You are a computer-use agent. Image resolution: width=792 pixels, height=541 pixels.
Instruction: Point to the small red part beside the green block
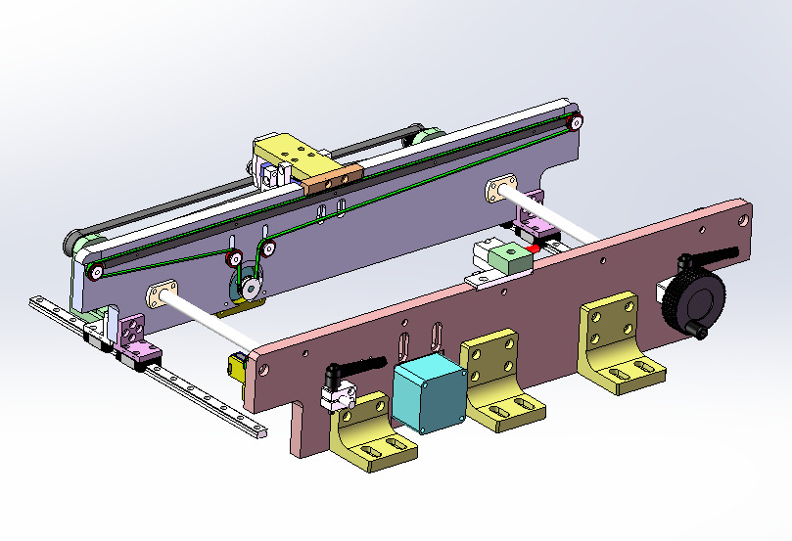(x=532, y=250)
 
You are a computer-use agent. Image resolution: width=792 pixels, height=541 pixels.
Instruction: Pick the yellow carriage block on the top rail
(x=290, y=154)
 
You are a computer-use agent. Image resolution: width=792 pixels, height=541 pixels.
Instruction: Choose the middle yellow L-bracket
(x=498, y=382)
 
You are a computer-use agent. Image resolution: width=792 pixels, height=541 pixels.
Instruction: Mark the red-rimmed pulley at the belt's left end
(x=97, y=271)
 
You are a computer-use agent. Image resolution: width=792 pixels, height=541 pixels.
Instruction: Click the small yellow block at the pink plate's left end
(x=236, y=368)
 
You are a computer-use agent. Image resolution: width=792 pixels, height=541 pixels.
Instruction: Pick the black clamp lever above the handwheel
(x=707, y=259)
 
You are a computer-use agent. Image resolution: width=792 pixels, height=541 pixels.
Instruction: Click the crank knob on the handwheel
(x=703, y=334)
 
